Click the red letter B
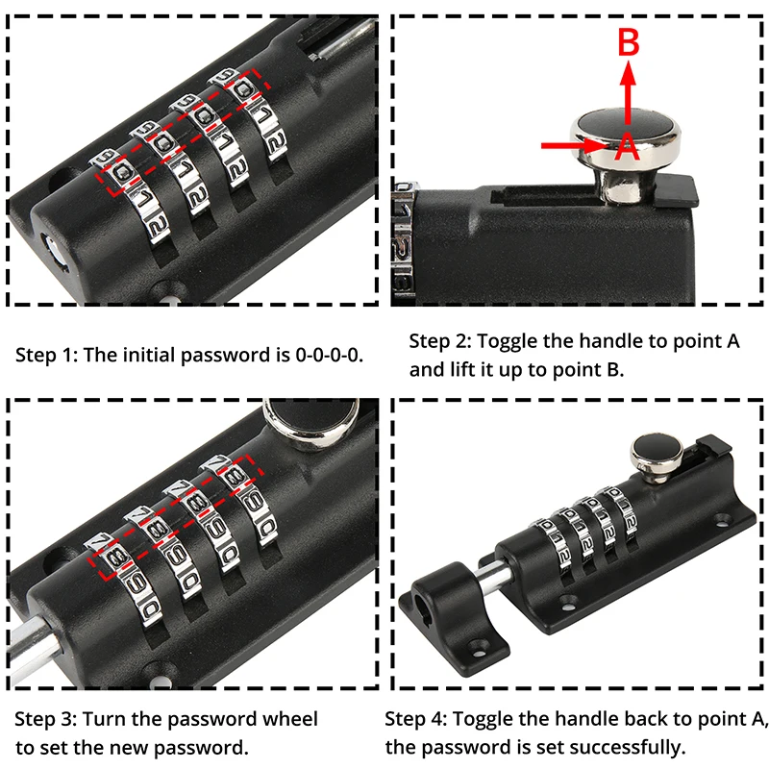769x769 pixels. pyautogui.click(x=629, y=41)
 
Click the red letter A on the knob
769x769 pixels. pyautogui.click(x=628, y=146)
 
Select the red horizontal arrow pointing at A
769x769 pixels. pyautogui.click(x=574, y=145)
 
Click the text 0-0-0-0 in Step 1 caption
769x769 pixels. pyautogui.click(x=329, y=355)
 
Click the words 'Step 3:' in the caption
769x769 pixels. pyautogui.click(x=45, y=719)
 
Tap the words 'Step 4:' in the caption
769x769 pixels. pyautogui.click(x=416, y=719)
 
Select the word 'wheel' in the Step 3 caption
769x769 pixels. pyautogui.click(x=290, y=719)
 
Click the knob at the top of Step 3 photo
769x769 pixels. pyautogui.click(x=310, y=422)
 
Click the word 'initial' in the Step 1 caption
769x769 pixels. pyautogui.click(x=148, y=355)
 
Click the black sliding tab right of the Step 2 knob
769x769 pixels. pyautogui.click(x=675, y=190)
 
